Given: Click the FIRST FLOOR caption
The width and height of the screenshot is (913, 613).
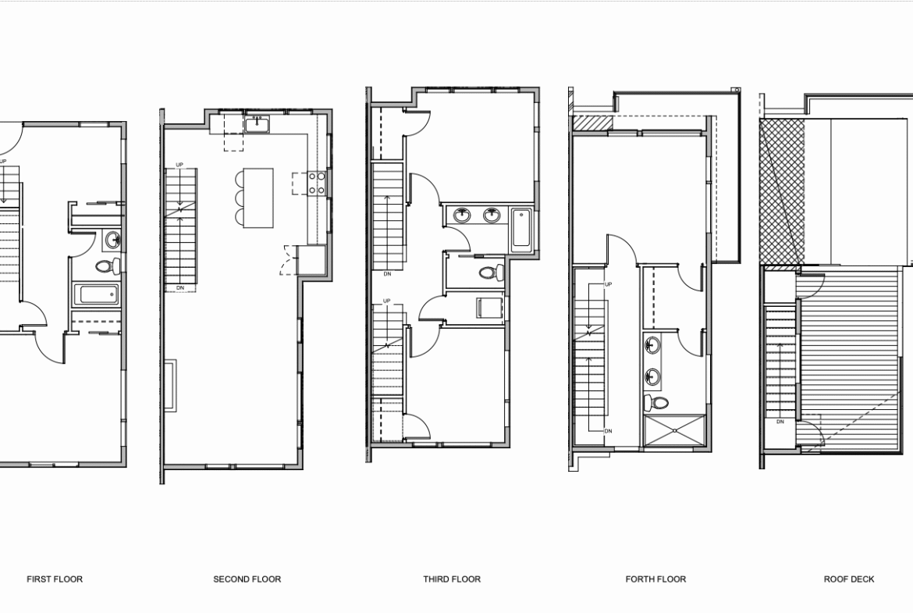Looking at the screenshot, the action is pyautogui.click(x=55, y=579).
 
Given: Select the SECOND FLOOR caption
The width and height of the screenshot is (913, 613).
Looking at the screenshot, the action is pyautogui.click(x=247, y=579).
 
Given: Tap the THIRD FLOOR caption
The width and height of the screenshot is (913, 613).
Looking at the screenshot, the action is pyautogui.click(x=452, y=579).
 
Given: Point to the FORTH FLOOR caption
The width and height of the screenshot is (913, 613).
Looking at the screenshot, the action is pyautogui.click(x=655, y=579).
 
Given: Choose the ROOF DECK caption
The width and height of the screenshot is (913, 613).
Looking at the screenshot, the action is pyautogui.click(x=849, y=579).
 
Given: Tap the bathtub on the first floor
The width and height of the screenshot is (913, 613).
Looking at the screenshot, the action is pyautogui.click(x=97, y=294).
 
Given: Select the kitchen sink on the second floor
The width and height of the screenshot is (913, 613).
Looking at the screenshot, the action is pyautogui.click(x=257, y=124).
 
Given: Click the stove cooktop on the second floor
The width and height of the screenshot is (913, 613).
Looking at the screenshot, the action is pyautogui.click(x=317, y=183).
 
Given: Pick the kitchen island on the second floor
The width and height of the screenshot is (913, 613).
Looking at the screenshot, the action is pyautogui.click(x=258, y=198).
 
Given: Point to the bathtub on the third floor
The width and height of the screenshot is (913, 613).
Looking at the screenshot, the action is pyautogui.click(x=521, y=230).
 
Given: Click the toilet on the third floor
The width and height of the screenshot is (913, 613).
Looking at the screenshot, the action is pyautogui.click(x=492, y=272).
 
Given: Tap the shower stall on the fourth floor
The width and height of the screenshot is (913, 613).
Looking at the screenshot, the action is pyautogui.click(x=675, y=431).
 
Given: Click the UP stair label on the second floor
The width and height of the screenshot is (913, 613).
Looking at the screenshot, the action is pyautogui.click(x=179, y=165).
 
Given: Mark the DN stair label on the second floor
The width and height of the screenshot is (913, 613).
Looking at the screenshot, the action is pyautogui.click(x=180, y=288).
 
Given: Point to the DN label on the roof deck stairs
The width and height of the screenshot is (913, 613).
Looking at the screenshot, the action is pyautogui.click(x=780, y=422).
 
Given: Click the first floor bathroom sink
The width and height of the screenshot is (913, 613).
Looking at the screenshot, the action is pyautogui.click(x=112, y=239).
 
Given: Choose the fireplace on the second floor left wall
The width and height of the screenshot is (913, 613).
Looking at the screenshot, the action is pyautogui.click(x=170, y=385).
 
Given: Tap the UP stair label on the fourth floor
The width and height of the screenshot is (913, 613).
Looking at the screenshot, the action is pyautogui.click(x=609, y=284).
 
